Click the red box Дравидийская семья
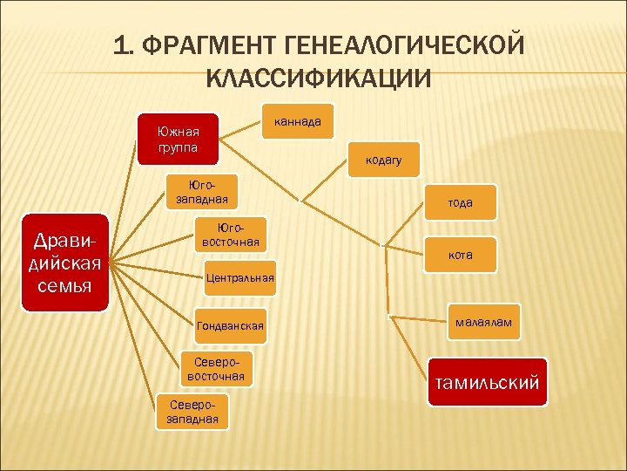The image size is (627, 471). (x=65, y=263)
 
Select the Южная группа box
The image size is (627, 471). (x=178, y=140)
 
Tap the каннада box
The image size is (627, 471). (x=297, y=123)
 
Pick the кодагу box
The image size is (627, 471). (x=383, y=160)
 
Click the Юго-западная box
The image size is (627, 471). (x=201, y=193)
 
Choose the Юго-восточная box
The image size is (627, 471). (x=230, y=234)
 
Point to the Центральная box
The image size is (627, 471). (x=239, y=278)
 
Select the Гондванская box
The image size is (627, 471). (x=230, y=325)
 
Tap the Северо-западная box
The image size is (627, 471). (x=189, y=413)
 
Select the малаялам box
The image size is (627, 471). (x=484, y=323)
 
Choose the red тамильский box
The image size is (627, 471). (x=488, y=382)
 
